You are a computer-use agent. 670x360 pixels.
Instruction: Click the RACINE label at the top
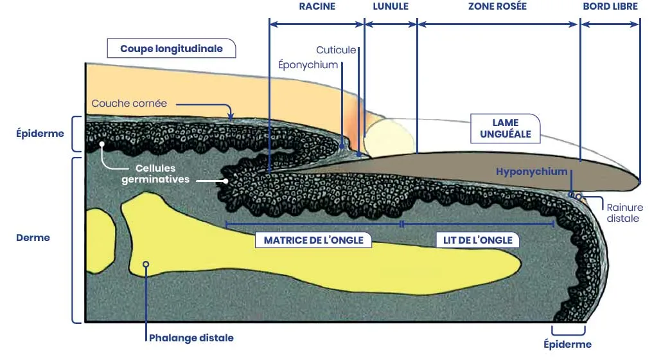click(317, 7)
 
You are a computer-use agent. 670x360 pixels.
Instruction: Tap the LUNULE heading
click(391, 7)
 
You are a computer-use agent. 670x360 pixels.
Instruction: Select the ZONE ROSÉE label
click(498, 7)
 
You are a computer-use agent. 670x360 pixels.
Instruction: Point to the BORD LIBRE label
click(610, 7)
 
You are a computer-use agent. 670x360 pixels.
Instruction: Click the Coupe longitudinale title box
click(172, 49)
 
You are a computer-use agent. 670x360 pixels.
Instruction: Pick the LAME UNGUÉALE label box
click(505, 129)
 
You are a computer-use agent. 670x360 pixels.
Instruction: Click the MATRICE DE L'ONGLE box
click(313, 240)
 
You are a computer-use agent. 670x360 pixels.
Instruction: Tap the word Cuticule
click(336, 50)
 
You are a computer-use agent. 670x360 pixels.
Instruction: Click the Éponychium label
click(308, 65)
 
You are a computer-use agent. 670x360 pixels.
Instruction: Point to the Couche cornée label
click(129, 104)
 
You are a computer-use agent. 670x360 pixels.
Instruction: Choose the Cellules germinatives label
click(155, 174)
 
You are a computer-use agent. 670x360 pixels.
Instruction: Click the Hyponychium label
click(532, 172)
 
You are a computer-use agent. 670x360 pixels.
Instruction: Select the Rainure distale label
click(624, 213)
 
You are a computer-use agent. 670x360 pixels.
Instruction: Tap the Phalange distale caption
click(191, 337)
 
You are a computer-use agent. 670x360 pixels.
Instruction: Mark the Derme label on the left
click(33, 238)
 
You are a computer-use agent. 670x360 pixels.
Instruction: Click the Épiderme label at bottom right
click(567, 345)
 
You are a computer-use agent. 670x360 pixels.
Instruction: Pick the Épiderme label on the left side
click(40, 134)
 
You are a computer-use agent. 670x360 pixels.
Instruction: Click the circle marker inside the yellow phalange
click(146, 264)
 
